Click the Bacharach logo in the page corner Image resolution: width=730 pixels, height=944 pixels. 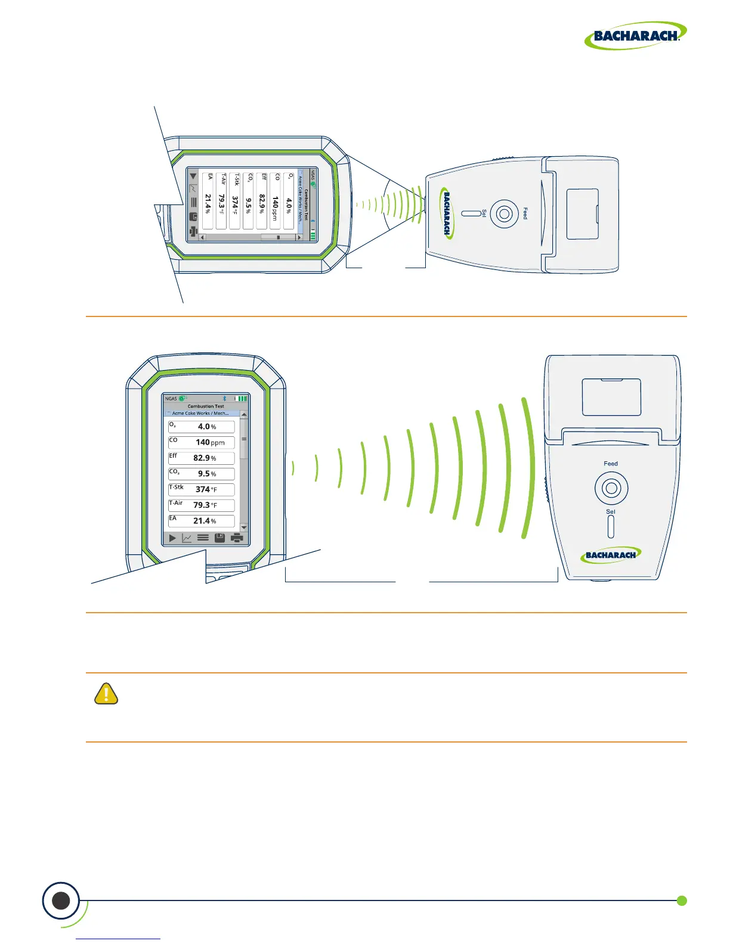coord(635,36)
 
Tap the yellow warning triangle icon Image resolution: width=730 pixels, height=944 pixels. coord(106,694)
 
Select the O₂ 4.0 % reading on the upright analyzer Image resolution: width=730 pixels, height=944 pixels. coord(202,427)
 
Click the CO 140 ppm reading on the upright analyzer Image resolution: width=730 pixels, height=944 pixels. coord(202,442)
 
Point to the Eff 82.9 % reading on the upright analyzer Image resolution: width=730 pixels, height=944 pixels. coord(202,458)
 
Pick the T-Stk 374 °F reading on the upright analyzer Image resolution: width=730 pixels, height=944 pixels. coord(202,489)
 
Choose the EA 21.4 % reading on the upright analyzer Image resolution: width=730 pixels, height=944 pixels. coord(202,521)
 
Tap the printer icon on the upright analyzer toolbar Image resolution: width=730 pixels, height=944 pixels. coord(237,538)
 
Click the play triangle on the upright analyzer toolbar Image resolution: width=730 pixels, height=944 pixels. coord(172,538)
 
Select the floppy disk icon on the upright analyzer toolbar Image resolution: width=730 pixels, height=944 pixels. coord(219,538)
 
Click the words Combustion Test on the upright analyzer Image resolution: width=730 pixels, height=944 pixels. coord(206,406)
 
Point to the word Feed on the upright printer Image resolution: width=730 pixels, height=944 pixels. coord(611,464)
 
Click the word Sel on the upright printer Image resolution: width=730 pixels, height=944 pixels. coord(611,511)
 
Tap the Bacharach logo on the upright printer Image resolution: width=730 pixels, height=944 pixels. coord(611,555)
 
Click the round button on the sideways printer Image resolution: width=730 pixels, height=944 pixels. coord(505,213)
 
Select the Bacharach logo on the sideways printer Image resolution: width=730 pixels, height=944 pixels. coord(447,213)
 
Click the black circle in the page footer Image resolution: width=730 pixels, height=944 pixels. coord(61,900)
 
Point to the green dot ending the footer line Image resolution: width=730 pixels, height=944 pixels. coord(682,900)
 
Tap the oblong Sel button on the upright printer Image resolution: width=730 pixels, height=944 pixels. coord(611,527)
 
